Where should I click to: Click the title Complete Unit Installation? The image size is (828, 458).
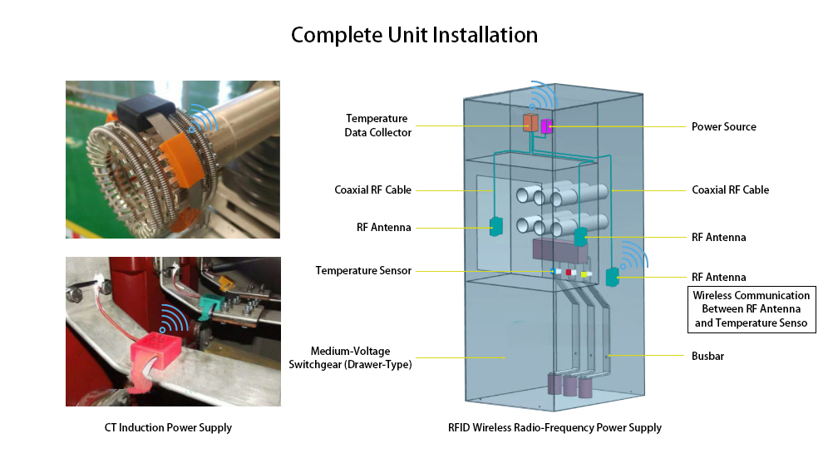(414, 36)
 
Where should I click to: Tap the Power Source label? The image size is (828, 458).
(723, 127)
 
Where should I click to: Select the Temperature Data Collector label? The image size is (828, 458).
(378, 126)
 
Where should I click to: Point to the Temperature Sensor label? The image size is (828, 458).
(363, 271)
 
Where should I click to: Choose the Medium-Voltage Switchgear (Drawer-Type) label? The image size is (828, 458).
(362, 357)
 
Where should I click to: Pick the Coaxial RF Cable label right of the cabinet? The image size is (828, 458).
(730, 190)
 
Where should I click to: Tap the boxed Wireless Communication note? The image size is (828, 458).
(751, 309)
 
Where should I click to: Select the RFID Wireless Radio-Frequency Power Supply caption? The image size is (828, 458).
(554, 428)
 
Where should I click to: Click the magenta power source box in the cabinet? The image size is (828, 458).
(546, 126)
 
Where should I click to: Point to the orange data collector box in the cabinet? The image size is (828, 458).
(530, 123)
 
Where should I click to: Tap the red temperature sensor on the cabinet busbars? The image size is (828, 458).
(570, 272)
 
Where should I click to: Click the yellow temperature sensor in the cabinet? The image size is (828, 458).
(585, 273)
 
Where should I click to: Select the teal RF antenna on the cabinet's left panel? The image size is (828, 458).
(495, 225)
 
